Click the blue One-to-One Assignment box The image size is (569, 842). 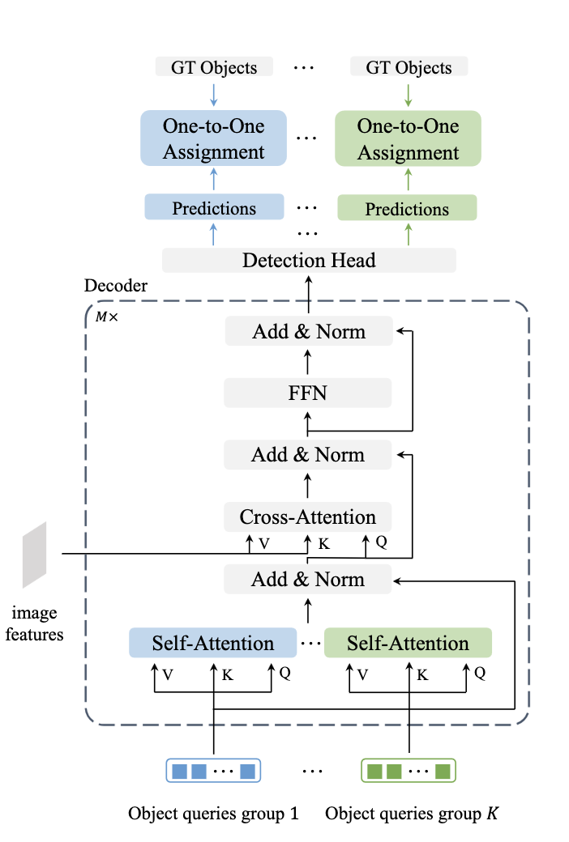(214, 138)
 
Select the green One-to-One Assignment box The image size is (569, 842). (408, 138)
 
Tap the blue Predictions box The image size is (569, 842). (214, 208)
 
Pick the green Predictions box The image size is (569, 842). (407, 209)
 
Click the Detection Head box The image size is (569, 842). (309, 260)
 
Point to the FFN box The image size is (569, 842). (308, 393)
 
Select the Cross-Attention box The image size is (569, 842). (308, 517)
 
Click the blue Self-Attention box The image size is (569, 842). (213, 643)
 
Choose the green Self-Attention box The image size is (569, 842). (408, 643)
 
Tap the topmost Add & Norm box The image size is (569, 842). (308, 331)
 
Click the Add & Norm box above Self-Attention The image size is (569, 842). (308, 579)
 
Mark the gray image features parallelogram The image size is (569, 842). (34, 555)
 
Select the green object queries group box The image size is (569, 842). (409, 770)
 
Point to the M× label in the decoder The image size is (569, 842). (106, 317)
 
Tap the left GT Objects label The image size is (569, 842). (214, 66)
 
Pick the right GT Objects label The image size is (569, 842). (408, 66)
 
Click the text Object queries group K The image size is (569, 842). (412, 813)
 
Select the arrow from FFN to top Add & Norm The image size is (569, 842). (308, 362)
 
